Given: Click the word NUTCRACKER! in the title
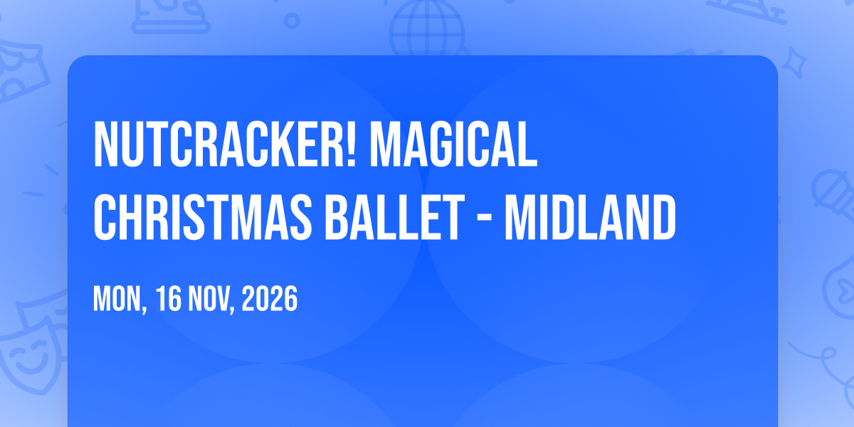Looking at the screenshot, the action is coord(225,144).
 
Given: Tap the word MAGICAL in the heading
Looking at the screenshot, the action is coord(454,144).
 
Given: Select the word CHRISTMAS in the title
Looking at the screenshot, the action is coord(203,217).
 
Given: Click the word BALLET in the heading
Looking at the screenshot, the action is coord(394,217).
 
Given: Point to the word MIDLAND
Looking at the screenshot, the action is coord(590,217).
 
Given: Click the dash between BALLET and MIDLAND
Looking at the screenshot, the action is coord(485,220).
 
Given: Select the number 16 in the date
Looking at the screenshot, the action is coord(169,299).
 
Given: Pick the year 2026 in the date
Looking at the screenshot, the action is coord(270,299).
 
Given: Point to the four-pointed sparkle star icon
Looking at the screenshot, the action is coord(794,63).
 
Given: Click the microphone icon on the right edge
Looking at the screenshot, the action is coord(833,194).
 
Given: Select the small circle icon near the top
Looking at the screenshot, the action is coord(292,21).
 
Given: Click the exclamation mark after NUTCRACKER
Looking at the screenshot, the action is coord(351,144).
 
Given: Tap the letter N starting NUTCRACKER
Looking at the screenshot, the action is coord(105,144).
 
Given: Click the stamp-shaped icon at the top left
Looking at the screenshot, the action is coord(170,15).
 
